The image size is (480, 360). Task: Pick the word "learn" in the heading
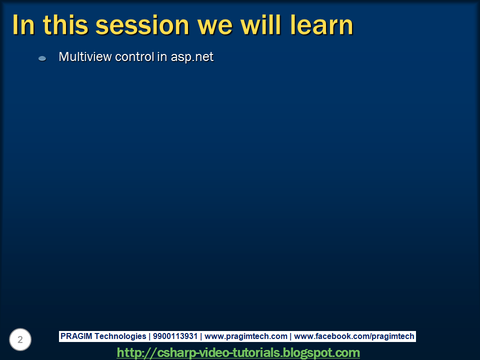coord(322,24)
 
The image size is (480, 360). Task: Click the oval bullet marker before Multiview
coord(42,58)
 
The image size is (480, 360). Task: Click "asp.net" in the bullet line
coord(192,57)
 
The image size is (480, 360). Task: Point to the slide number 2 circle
coord(20,340)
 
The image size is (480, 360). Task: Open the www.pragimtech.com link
coord(246,336)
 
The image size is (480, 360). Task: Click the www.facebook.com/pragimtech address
coord(354,336)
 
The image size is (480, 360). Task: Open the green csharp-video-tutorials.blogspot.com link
coord(238,352)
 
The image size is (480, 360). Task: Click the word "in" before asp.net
coord(162,57)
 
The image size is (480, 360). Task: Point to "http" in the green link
coord(128,352)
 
